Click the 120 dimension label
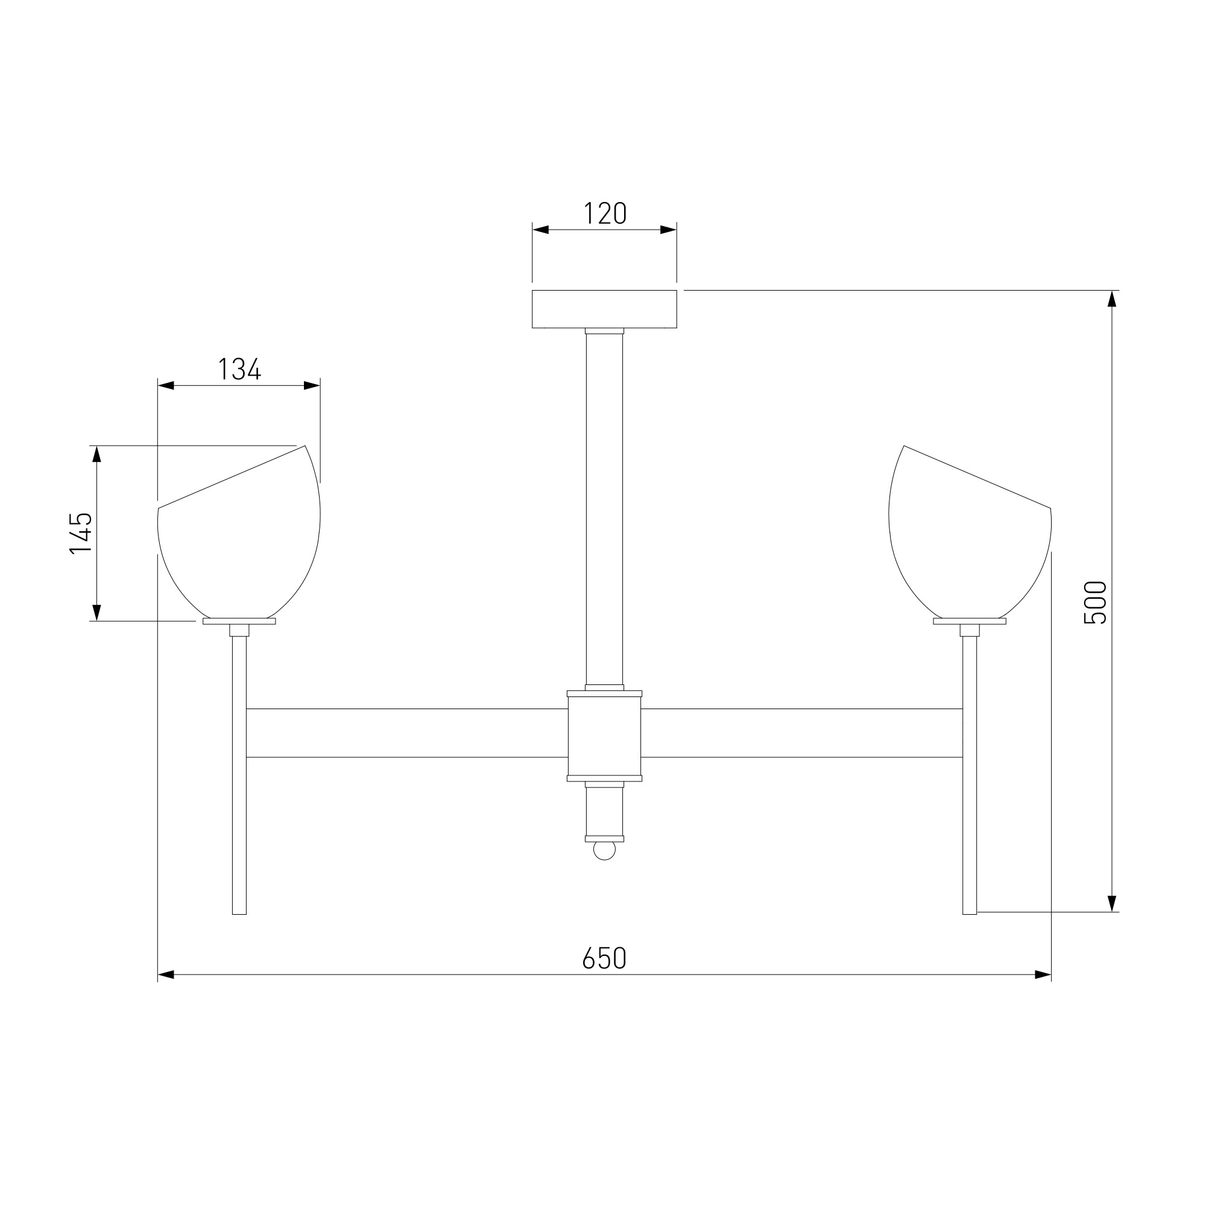[605, 213]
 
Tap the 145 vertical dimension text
[81, 533]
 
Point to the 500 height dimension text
[1095, 602]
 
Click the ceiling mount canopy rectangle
[604, 309]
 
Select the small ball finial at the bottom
[604, 850]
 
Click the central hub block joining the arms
[604, 736]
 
